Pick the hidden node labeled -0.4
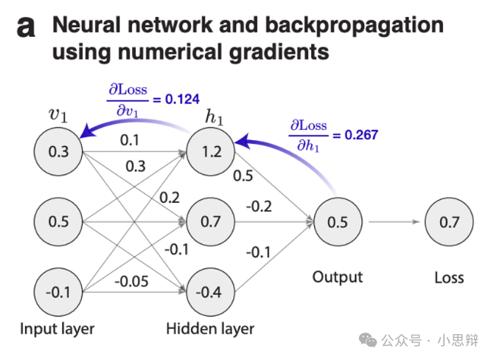tap(211, 291)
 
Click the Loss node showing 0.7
tap(448, 221)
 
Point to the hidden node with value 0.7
tap(211, 221)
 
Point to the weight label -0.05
tap(132, 280)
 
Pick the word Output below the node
tap(338, 277)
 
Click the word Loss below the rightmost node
tap(448, 277)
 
